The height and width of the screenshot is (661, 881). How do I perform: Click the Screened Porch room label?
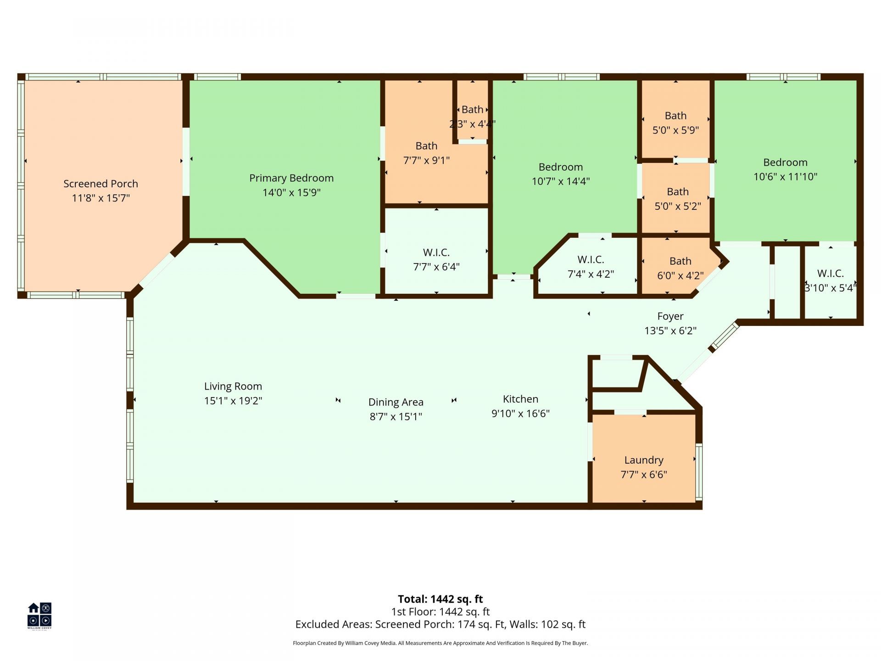100,184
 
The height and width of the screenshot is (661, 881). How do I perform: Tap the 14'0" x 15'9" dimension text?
291,192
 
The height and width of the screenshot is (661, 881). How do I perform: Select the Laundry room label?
643,460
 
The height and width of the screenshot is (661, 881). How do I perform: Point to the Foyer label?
670,316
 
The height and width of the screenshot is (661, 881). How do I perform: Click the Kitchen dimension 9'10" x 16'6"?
520,414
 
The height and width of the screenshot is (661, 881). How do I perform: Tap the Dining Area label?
396,402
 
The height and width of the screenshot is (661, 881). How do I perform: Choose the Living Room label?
233,387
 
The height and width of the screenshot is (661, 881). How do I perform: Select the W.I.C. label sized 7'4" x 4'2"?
591,260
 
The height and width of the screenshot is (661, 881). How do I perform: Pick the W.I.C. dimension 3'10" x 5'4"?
831,288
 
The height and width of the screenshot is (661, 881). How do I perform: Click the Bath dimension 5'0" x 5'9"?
675,130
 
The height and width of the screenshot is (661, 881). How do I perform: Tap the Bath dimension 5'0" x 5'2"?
677,206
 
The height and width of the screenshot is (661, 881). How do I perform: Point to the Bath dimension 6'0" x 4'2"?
680,275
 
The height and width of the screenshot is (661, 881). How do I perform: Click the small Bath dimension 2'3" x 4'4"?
472,124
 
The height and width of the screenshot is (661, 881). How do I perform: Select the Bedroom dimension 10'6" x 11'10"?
785,177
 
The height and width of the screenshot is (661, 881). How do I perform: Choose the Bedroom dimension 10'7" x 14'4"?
560,181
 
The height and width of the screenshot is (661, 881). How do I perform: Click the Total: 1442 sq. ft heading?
440,599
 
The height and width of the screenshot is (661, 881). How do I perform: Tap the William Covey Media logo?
39,616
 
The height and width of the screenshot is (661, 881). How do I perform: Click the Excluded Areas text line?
440,624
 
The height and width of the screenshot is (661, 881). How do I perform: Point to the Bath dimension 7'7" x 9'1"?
426,160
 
